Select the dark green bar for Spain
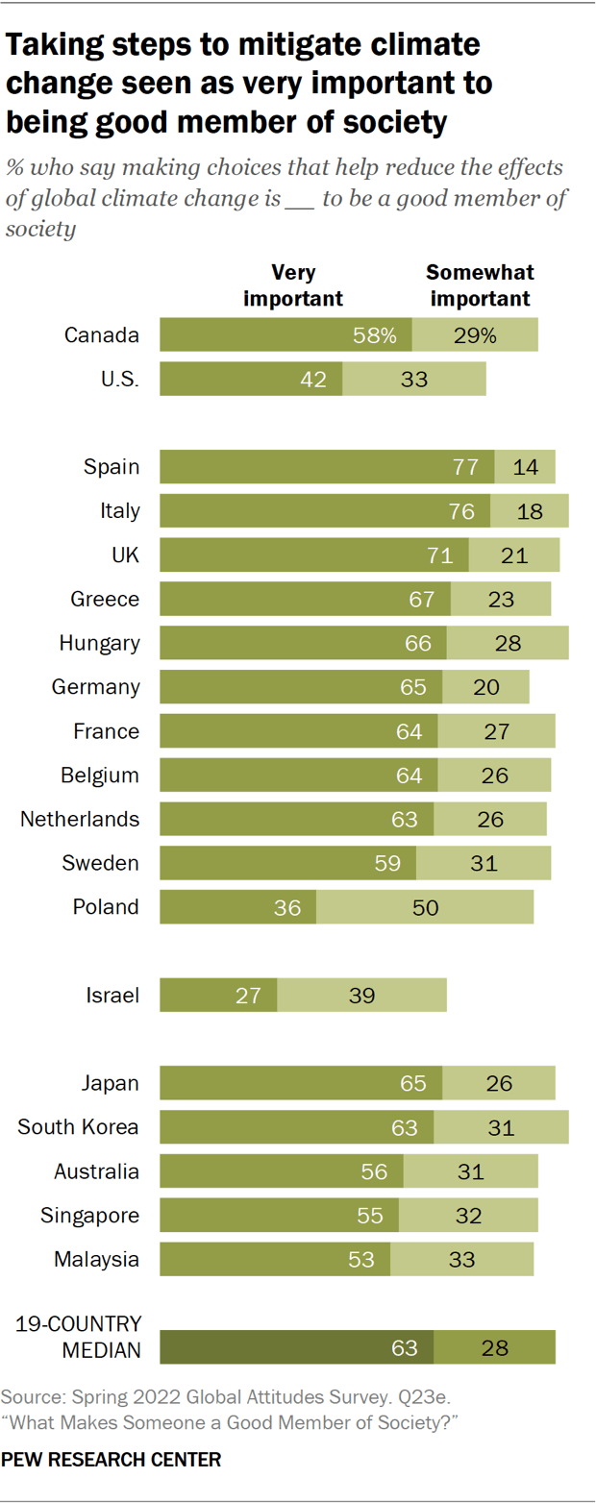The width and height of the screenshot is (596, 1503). coord(327,467)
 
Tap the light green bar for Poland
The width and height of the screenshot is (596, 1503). coord(424,906)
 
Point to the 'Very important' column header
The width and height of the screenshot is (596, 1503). coord(293,285)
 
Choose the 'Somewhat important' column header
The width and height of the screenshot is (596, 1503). coord(480,285)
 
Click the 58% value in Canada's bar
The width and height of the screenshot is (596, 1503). coord(374,335)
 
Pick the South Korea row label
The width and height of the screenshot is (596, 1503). coord(79,1127)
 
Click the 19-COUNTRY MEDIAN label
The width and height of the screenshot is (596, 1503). coord(80,1338)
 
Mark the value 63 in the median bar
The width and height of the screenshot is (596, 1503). coord(405,1348)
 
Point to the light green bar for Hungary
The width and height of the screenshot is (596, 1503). coord(507,643)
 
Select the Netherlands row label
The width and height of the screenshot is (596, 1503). coord(81,819)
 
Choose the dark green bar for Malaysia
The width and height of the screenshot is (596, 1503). coord(275,1259)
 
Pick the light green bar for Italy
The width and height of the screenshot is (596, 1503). coord(529,511)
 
